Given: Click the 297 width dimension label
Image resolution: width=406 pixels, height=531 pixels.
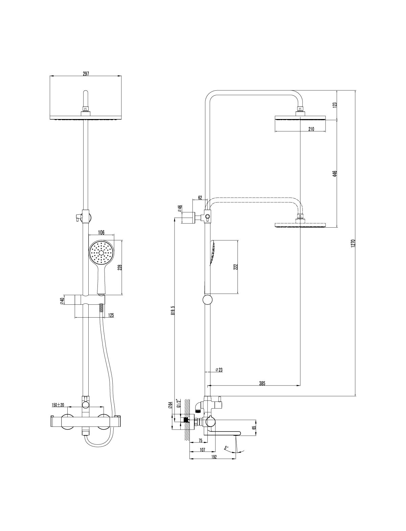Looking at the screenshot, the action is pos(86,74).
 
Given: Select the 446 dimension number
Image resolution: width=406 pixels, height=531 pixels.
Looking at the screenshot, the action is pos(335,174).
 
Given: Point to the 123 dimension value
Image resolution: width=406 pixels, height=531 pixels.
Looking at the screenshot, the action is pos(335,105).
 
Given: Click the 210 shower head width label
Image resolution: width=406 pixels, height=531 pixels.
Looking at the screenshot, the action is pos(311,129).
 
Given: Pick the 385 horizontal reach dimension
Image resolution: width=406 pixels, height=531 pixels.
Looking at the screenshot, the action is pos(262,383).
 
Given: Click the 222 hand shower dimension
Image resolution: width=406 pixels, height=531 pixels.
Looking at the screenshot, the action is pos(236,267).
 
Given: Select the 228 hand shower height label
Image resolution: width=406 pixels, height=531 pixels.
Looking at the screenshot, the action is pos(120,267).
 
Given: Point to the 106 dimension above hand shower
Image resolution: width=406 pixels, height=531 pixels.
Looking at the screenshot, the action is pos(101,232).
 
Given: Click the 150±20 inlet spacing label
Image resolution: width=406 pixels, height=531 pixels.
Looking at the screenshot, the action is pos(58,405).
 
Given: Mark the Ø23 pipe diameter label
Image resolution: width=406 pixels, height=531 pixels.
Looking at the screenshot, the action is pos(219,370).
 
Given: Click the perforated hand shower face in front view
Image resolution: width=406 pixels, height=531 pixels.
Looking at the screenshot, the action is pos(101,252).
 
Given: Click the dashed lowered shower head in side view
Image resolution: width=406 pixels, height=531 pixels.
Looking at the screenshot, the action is pos(300,225).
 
